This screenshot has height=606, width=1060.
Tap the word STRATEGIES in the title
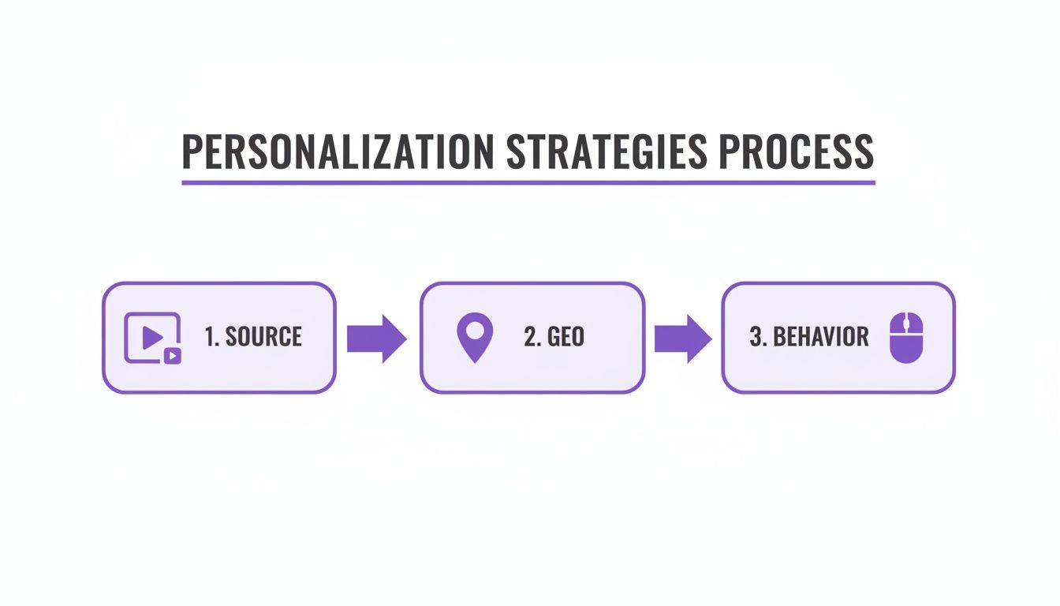coord(607,152)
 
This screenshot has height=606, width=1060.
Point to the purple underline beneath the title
coord(528,182)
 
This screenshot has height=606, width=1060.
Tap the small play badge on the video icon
coord(173,356)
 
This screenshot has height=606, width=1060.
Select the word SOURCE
coord(263,338)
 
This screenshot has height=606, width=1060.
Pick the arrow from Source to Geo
coord(377,339)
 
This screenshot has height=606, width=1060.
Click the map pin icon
coord(475,338)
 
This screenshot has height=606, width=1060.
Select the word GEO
coord(565,338)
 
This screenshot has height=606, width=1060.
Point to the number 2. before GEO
coord(532,338)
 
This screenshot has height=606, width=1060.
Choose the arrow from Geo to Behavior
coord(683,339)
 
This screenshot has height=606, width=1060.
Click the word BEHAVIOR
coord(821,338)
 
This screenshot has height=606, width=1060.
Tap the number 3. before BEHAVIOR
coord(758,338)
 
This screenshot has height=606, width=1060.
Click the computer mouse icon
coord(905,338)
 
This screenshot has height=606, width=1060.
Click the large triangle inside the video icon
coord(151,337)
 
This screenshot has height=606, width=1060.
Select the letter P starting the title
coord(191,152)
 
